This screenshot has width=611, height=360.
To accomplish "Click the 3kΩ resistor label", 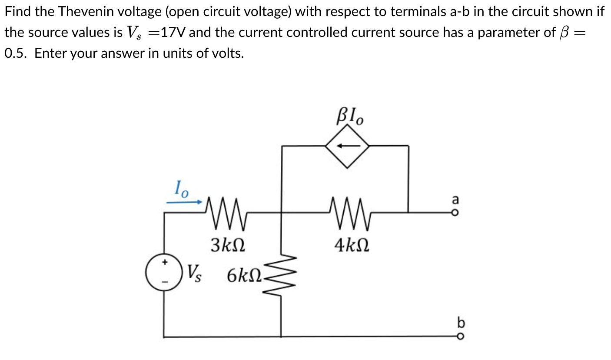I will point(228,244).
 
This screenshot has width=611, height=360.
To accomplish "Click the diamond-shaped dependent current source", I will point(348,146).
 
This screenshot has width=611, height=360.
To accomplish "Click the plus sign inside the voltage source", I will point(164,263).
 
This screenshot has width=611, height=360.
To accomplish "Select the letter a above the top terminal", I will point(455,200).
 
